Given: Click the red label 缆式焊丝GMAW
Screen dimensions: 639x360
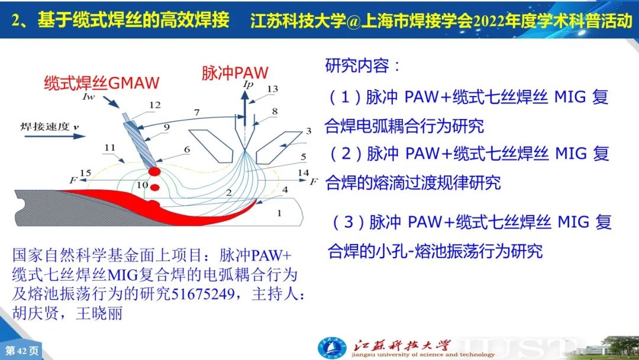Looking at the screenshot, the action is pos(102,83).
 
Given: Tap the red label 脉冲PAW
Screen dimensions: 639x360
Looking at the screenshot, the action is pos(235,73).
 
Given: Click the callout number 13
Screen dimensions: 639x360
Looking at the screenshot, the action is pos(272,89).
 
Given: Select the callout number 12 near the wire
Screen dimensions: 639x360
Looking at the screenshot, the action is pos(155,105).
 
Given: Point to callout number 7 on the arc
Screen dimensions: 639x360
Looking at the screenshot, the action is pos(197,112).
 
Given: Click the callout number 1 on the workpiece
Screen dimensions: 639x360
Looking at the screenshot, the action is pos(279,213).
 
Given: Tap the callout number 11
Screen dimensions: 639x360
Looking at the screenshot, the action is pos(109,147).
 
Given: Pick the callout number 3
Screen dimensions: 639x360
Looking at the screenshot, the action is pos(308,131).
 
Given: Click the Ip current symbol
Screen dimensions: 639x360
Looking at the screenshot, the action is pos(248,85).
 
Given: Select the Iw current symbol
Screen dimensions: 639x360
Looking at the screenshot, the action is pos(88,97).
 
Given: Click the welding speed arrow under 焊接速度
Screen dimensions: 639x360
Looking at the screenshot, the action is pos(54,136).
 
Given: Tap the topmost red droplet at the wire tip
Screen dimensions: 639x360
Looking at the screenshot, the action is pos(154,171).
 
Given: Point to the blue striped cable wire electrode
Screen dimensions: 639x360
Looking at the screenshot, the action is pos(139,140).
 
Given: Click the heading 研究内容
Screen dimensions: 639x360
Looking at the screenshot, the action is pos(357,65).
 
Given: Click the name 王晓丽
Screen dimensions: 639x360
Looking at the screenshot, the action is pos(99,313).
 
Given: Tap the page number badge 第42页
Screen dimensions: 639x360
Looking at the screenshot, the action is pos(22,351).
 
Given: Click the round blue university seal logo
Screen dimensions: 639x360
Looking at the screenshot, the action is pos(332,349).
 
